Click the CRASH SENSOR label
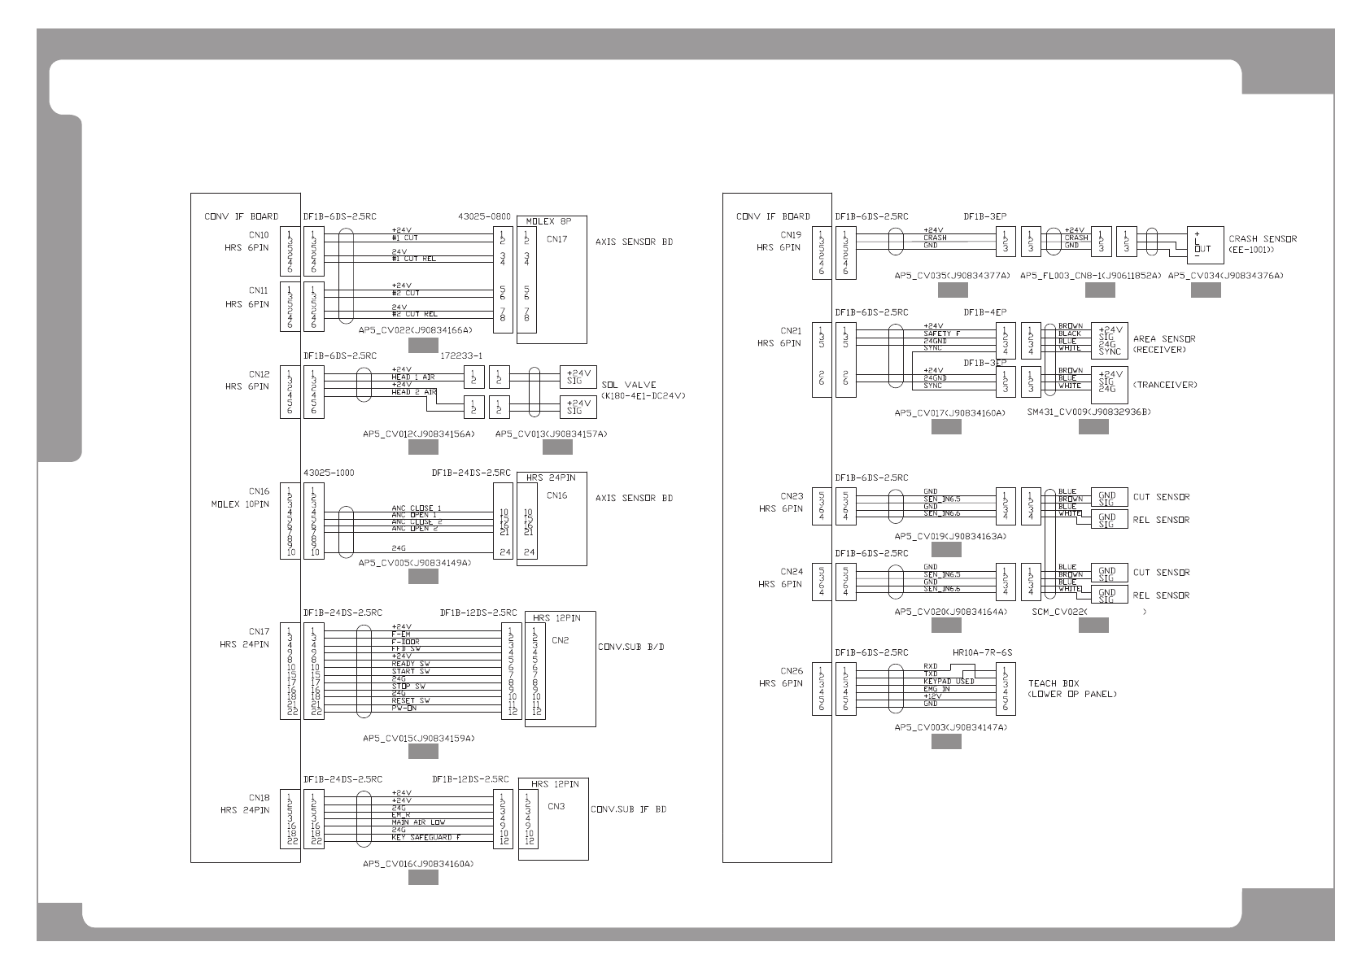coord(1263,239)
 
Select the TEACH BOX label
coord(1054,683)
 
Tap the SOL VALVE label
coord(629,385)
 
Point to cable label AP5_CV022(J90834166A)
coord(415,330)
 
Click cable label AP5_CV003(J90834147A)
coord(950,727)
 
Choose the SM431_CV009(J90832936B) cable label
coord(1089,412)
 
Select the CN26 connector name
coord(792,671)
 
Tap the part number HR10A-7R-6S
coord(982,652)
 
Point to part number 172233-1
coord(461,355)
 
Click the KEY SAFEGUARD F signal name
coord(425,837)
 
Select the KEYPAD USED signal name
coord(949,682)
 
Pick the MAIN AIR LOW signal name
coord(418,822)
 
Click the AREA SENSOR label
coord(1164,338)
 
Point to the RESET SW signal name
coord(411,700)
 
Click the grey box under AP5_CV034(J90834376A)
coord(1206,290)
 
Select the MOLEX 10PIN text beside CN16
coord(241,504)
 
